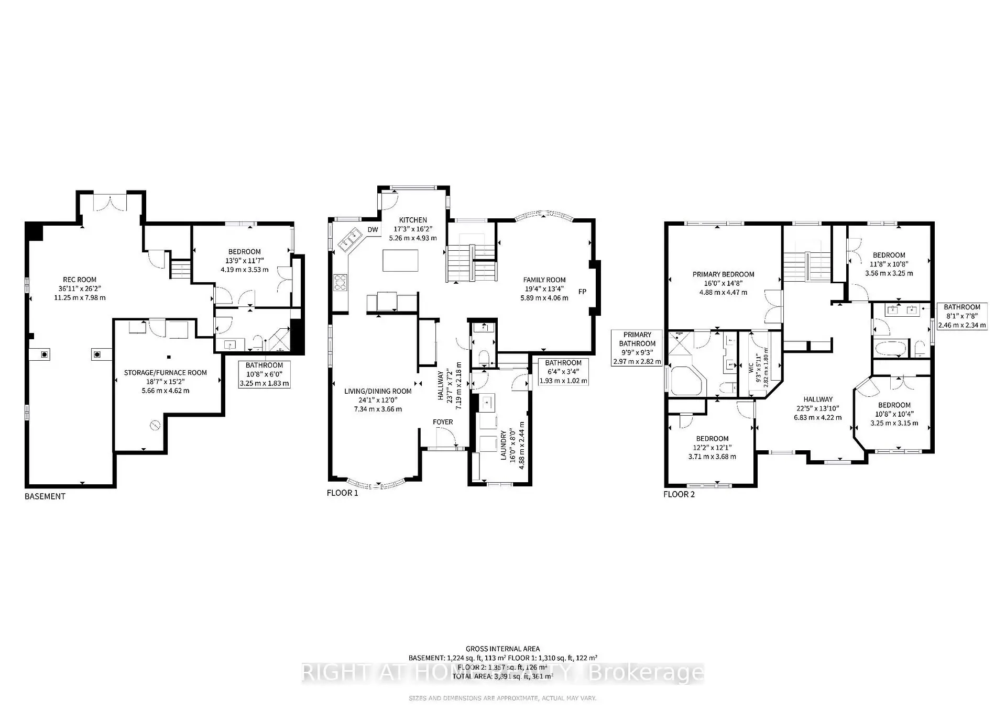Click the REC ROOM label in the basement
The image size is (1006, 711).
80,280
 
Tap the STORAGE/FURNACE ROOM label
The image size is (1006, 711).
165,373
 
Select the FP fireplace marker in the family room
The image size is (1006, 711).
582,292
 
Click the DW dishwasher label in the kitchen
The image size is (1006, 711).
373,230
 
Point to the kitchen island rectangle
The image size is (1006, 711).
401,260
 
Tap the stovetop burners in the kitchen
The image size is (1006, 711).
341,283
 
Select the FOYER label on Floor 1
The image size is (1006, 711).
443,422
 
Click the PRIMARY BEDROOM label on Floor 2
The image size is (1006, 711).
723,274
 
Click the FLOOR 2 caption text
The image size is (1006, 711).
679,494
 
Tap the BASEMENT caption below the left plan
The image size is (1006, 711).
45,496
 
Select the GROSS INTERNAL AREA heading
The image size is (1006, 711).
502,649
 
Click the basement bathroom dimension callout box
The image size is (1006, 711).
264,374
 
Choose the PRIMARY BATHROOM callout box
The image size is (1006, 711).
637,348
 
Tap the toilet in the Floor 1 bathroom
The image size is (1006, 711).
483,358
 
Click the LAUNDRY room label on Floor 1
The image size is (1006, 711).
504,446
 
